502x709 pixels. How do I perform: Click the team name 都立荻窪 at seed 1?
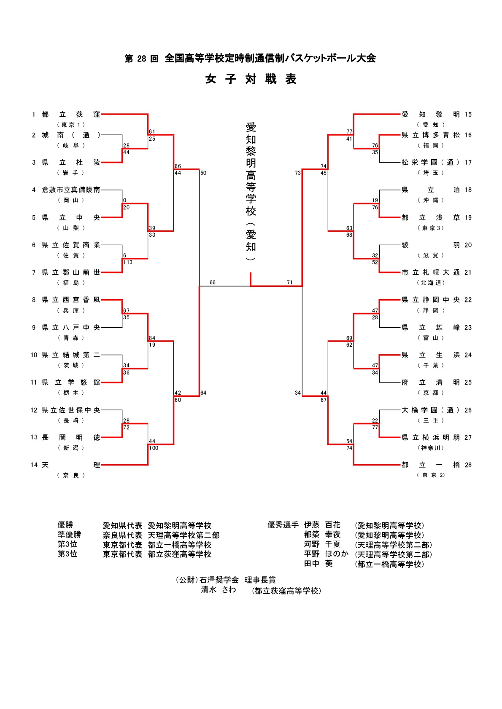(x=71, y=115)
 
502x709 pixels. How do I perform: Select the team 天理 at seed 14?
(x=71, y=465)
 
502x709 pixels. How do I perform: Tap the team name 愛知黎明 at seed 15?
(x=430, y=115)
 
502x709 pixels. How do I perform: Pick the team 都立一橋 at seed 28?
(x=430, y=465)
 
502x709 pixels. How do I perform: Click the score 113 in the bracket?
(x=128, y=262)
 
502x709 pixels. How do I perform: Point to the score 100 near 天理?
(x=154, y=448)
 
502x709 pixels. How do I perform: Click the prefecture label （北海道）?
(x=431, y=283)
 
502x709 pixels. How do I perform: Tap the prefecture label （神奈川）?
(x=431, y=448)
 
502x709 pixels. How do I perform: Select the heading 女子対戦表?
(x=251, y=79)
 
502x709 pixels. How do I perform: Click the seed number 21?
(x=468, y=273)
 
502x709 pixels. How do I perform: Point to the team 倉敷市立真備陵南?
(x=71, y=190)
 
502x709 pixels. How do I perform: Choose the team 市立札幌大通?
(x=430, y=273)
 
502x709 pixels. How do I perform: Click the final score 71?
(x=290, y=283)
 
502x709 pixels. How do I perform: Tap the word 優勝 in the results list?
(x=65, y=525)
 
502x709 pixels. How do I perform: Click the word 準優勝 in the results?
(x=70, y=535)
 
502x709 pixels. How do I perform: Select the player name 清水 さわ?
(x=218, y=590)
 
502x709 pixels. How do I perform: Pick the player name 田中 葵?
(x=318, y=564)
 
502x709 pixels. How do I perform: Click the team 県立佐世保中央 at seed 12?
(x=71, y=410)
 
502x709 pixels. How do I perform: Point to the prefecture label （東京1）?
(x=71, y=125)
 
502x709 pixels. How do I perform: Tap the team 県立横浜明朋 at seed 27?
(x=430, y=438)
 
